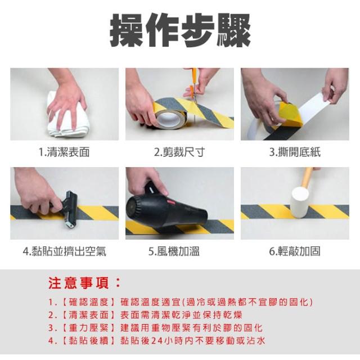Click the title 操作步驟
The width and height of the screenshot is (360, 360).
pos(180,30)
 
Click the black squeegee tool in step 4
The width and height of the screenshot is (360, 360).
pos(69,208)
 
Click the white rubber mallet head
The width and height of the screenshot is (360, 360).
pos(300,202)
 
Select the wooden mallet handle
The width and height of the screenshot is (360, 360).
pos(307,177)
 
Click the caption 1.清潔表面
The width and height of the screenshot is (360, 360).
pos(64,152)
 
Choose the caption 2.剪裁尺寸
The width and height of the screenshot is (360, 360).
pos(179,152)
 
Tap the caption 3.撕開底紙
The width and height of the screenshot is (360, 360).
pos(295,152)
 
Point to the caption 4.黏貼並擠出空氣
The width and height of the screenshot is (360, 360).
pos(65,251)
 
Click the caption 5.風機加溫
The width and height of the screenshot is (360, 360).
pos(174,251)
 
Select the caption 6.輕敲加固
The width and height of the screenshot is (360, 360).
pos(295,251)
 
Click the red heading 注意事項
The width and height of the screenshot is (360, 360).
pos(84,283)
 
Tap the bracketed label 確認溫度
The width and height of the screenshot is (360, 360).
pos(89,302)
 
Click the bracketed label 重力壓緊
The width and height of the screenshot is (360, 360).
pos(89,327)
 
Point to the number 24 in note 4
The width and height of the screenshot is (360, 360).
pos(157,340)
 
